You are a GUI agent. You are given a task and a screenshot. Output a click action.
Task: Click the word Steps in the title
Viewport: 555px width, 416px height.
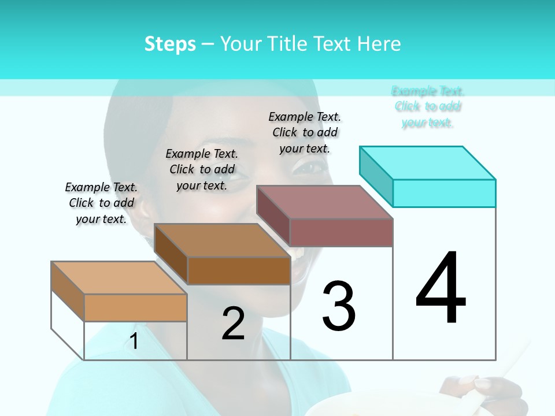pos(170,44)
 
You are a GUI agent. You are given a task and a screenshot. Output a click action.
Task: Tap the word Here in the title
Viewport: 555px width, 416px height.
pos(379,44)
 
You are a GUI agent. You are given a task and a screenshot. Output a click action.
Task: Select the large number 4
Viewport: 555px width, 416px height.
pos(441,289)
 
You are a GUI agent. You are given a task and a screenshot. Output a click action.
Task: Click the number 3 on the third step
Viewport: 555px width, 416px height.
pos(339,306)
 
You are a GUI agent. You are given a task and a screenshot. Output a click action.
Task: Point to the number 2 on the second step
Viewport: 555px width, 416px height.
pos(233,324)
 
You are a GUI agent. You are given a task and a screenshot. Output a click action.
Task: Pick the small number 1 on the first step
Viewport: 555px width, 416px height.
pos(134,341)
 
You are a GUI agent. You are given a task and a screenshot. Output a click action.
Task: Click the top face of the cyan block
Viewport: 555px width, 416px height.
pos(428,162)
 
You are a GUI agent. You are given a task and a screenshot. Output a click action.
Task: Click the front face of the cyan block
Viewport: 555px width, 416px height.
pos(444,193)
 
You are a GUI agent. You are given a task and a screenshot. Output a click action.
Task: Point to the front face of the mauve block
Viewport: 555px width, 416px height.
pos(341,232)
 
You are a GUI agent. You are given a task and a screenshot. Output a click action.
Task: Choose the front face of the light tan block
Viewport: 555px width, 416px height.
pos(135,307)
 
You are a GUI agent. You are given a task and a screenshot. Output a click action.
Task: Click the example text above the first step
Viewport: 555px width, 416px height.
pos(101,203)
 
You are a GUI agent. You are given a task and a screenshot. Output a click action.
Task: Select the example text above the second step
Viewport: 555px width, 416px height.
pos(202,169)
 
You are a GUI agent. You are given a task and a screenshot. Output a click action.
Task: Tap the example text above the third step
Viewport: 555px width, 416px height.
pos(305,132)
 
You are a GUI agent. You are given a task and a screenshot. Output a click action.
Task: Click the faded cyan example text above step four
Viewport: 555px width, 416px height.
pos(428,106)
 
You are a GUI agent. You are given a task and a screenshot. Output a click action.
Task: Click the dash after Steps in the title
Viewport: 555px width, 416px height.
pos(208,44)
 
